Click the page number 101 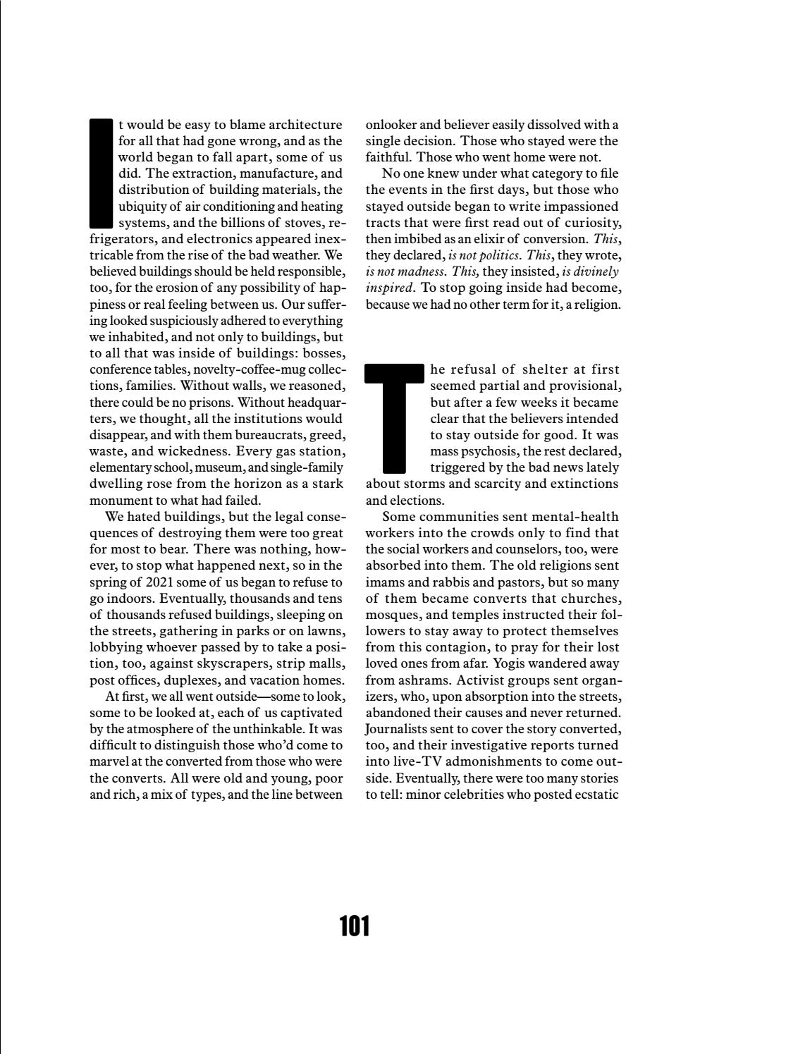pos(355,925)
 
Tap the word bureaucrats pos(244,435)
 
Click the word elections pos(418,501)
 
